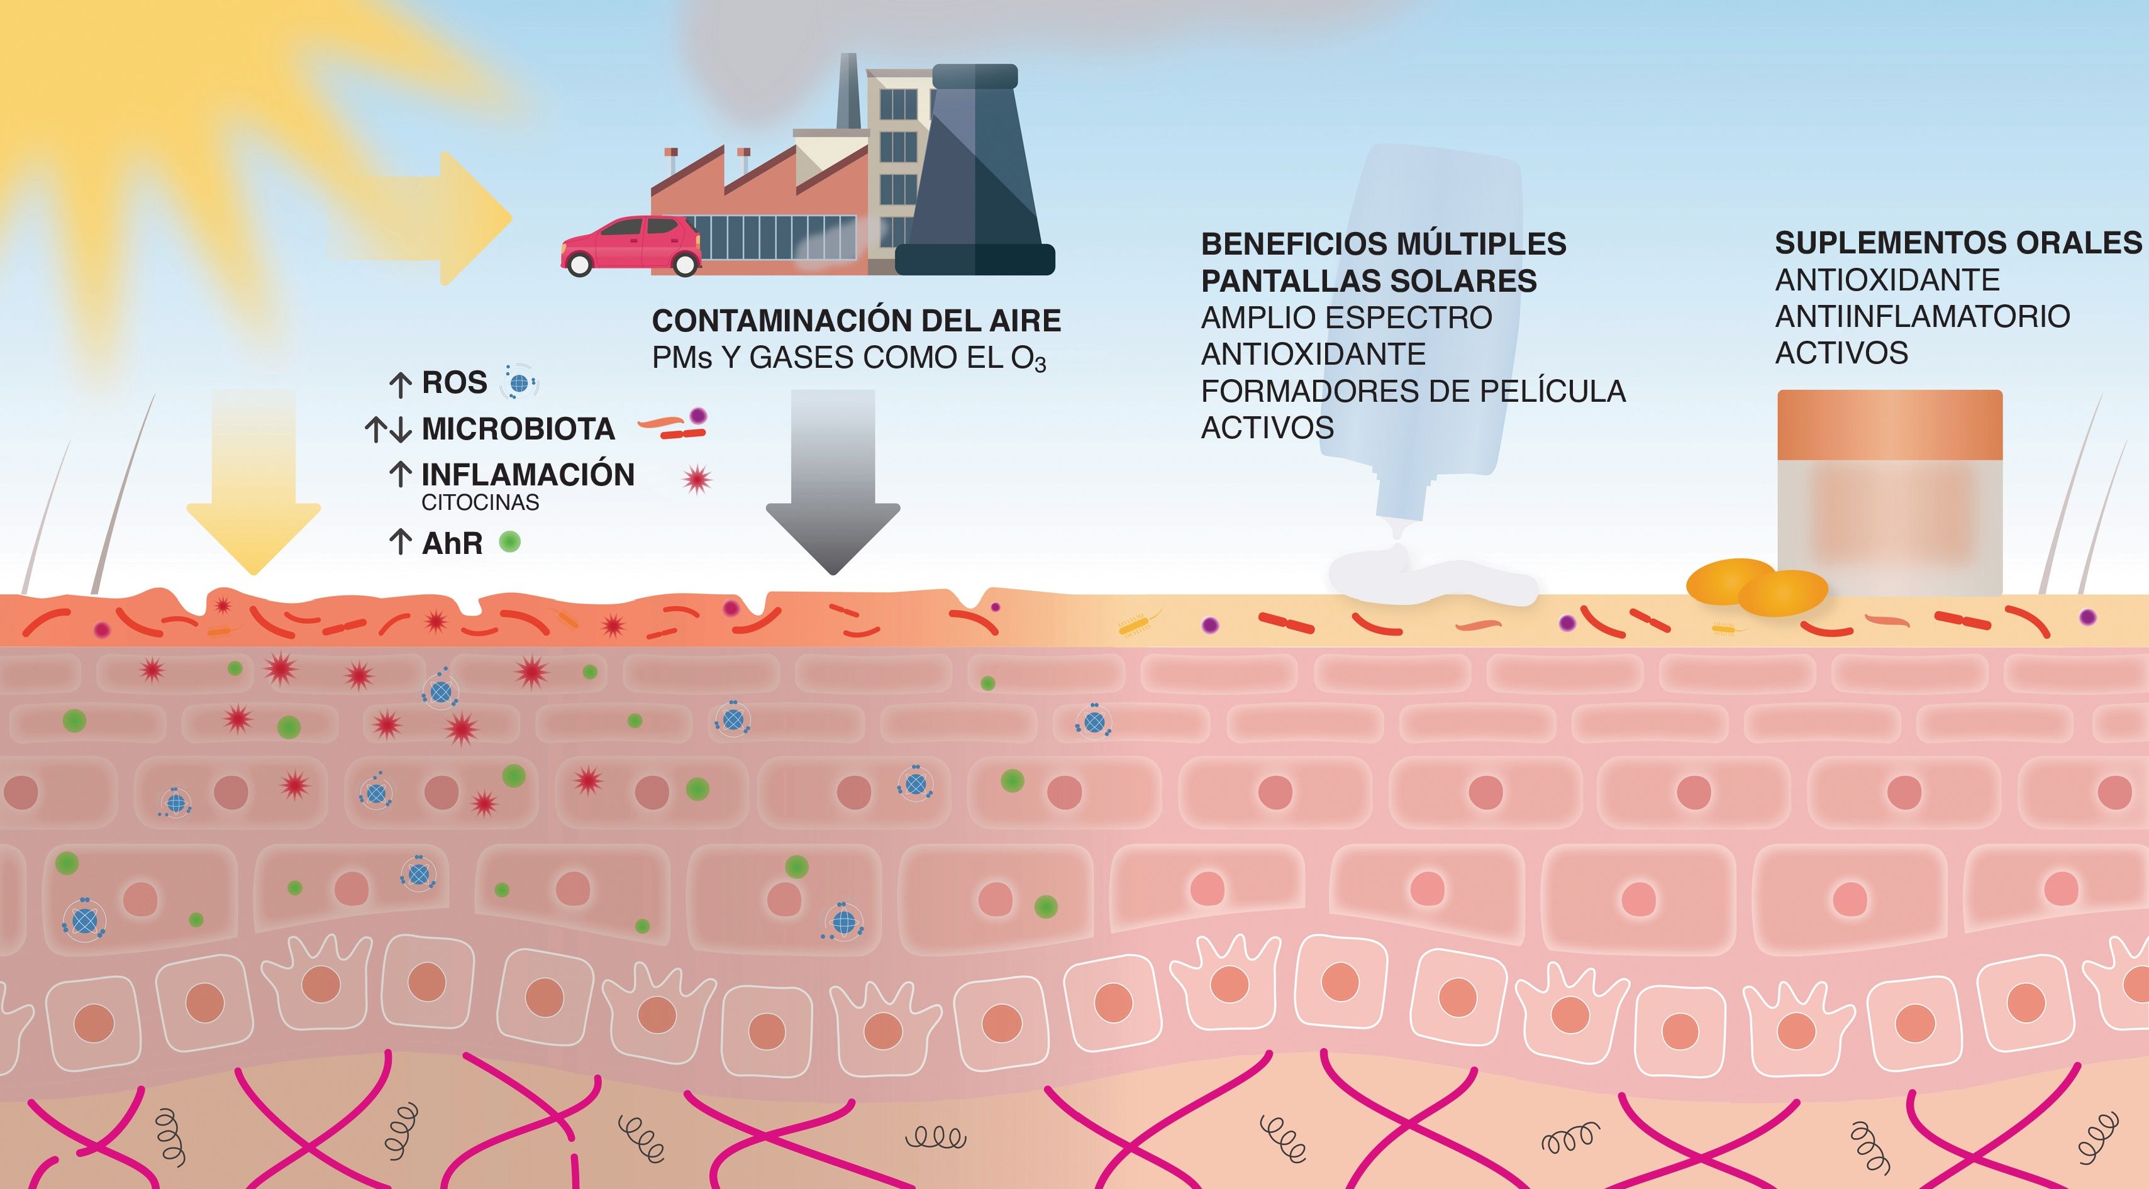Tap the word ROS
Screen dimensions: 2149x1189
tap(454, 383)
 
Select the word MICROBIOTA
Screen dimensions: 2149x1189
tap(518, 429)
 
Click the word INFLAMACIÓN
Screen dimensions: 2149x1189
tap(527, 475)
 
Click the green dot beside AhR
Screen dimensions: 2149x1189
tap(509, 542)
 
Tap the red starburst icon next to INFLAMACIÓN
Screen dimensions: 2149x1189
tap(697, 478)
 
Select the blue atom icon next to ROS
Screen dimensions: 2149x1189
tap(519, 384)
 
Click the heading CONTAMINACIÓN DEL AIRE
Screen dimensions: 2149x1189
tap(856, 321)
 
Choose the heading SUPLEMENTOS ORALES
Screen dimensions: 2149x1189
tap(1957, 243)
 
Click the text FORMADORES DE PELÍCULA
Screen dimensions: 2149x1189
tap(1413, 391)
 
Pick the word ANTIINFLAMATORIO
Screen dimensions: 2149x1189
tap(1922, 317)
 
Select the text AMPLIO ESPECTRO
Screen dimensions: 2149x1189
tap(1347, 318)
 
